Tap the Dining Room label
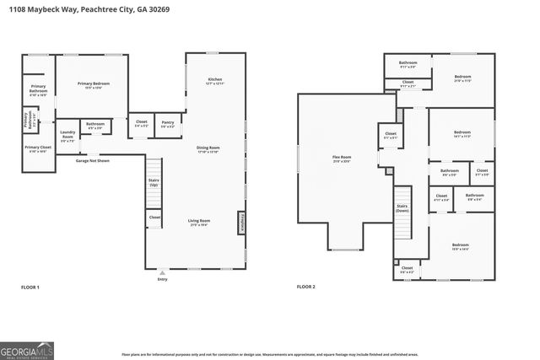(208, 148)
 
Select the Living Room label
(199, 221)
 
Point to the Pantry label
(167, 123)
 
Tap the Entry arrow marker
(162, 272)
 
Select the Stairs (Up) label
(154, 181)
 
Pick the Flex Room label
(341, 158)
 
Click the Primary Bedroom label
(94, 84)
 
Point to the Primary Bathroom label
(38, 89)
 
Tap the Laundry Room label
(68, 136)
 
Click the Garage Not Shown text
(93, 160)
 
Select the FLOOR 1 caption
(30, 287)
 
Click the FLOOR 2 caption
(305, 287)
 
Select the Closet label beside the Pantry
(141, 123)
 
